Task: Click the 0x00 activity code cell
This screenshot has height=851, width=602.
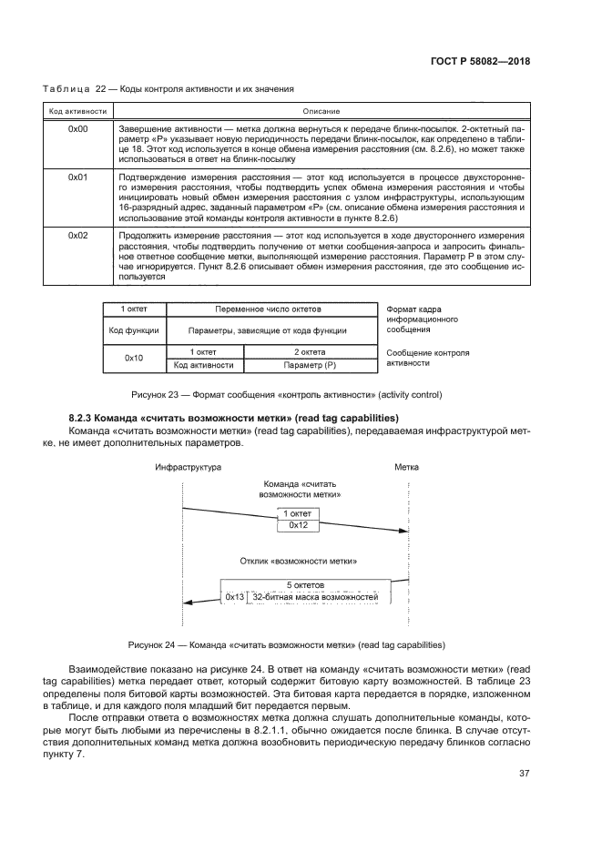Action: pos(77,130)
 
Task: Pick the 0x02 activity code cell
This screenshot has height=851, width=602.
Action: pos(77,234)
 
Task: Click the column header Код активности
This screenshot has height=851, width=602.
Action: pos(77,111)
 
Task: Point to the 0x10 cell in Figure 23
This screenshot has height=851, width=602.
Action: pos(133,358)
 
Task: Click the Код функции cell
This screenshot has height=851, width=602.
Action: pos(133,330)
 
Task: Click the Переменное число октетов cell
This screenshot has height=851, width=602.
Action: pos(270,310)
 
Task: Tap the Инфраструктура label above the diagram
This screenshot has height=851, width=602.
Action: pos(189,466)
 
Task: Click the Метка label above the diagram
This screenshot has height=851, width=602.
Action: pos(406,466)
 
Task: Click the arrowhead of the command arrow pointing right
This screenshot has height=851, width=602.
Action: pos(401,532)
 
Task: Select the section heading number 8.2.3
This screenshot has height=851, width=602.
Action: pos(84,416)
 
